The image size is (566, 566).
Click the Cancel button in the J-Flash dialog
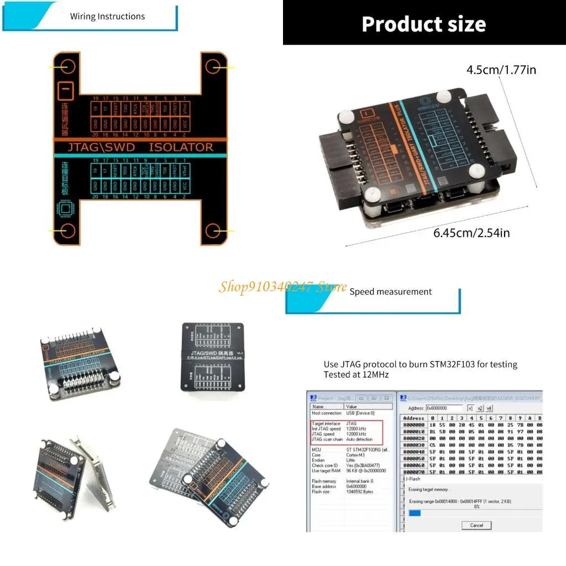click(x=476, y=525)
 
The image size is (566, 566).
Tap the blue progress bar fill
click(x=415, y=513)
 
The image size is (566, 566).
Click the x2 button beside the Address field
click(x=480, y=408)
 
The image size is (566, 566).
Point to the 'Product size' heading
click(x=423, y=24)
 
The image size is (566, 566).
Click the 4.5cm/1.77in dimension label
click(x=501, y=70)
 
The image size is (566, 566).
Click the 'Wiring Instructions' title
click(x=107, y=16)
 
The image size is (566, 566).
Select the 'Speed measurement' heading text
click(x=390, y=291)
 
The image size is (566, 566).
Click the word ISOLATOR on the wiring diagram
click(x=180, y=147)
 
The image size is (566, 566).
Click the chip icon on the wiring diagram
click(x=65, y=209)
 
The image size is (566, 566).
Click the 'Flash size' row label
click(x=321, y=491)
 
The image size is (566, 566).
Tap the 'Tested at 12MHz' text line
click(x=357, y=375)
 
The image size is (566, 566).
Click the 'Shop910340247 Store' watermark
click(x=282, y=286)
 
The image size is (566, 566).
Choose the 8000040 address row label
click(x=413, y=452)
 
